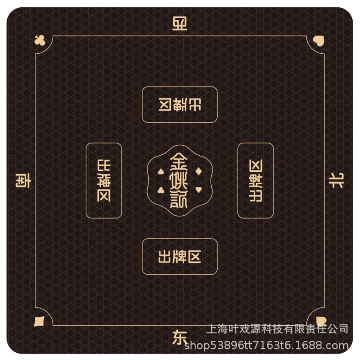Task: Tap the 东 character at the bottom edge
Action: pyautogui.click(x=180, y=338)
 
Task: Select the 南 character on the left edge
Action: pyautogui.click(x=23, y=180)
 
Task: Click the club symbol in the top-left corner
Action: pyautogui.click(x=39, y=41)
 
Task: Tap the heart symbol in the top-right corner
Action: pyautogui.click(x=318, y=40)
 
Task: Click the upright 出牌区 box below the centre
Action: pyautogui.click(x=180, y=256)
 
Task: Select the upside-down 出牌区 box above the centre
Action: pyautogui.click(x=180, y=104)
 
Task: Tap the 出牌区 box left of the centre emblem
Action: pyautogui.click(x=104, y=180)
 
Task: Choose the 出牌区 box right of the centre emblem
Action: pyautogui.click(x=256, y=180)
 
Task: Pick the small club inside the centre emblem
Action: pyautogui.click(x=161, y=190)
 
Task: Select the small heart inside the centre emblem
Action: pyautogui.click(x=198, y=190)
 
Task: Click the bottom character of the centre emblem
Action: pyautogui.click(x=179, y=200)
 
